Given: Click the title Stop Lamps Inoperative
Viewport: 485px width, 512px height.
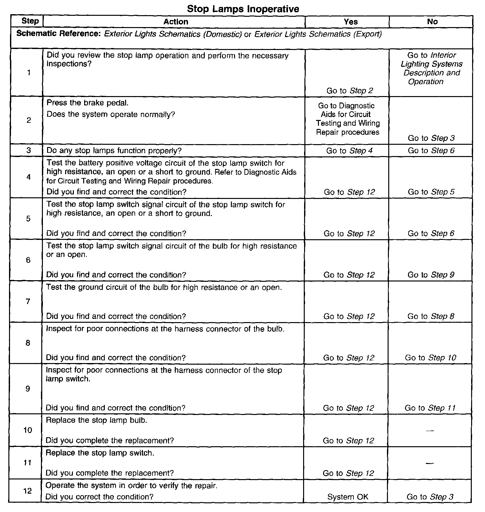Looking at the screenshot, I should coord(243,9).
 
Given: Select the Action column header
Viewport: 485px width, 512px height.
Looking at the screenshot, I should coord(176,22).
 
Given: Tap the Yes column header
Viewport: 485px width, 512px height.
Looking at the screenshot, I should coord(351,22).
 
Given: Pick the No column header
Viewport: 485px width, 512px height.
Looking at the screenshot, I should coord(432,22).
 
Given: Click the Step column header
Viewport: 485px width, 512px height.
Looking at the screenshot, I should coord(30,21).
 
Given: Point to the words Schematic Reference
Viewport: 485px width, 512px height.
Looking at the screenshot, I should coord(59,34).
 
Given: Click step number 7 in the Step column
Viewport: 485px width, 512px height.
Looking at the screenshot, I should coord(28,301).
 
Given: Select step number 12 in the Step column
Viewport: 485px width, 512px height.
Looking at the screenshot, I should coord(28,491).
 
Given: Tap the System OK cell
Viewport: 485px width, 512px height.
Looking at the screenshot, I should coord(348,497).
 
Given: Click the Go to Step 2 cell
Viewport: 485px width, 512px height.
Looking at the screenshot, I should coord(350,91).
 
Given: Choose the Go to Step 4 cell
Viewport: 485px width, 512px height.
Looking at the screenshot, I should coord(350,151).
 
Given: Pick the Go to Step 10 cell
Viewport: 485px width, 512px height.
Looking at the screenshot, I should coord(431,358).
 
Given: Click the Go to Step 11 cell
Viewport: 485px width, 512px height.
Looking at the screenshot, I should coord(430,408).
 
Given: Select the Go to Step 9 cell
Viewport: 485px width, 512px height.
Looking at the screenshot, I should coord(431,275).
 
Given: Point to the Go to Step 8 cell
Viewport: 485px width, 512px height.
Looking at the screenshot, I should coord(431,316).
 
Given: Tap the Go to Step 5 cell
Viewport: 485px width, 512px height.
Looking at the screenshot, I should coord(431,192).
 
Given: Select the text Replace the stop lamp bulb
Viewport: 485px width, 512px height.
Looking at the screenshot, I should coord(96,420).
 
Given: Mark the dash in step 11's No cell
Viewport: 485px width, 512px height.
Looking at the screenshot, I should coord(430,463).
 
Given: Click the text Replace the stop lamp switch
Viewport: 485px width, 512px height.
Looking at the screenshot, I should coord(100,453).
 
